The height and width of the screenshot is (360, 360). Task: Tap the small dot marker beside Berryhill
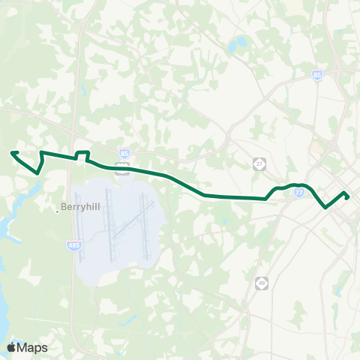pyautogui.click(x=58, y=211)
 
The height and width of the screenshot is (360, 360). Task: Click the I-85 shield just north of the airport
pyautogui.click(x=124, y=153)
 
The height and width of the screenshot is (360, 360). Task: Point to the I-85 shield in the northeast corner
pyautogui.click(x=318, y=76)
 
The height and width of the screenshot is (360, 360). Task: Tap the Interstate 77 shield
pyautogui.click(x=298, y=193)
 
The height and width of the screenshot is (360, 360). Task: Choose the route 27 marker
pyautogui.click(x=259, y=163)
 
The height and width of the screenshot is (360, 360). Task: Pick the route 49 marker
pyautogui.click(x=261, y=282)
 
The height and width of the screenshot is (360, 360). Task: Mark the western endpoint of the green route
pyautogui.click(x=12, y=152)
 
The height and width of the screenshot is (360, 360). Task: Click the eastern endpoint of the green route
pyautogui.click(x=349, y=196)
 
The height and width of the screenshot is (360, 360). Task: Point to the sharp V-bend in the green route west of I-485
pyautogui.click(x=37, y=173)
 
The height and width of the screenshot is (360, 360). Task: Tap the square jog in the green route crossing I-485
pyautogui.click(x=82, y=154)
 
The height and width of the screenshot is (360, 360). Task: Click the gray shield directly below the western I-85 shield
pyautogui.click(x=124, y=165)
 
